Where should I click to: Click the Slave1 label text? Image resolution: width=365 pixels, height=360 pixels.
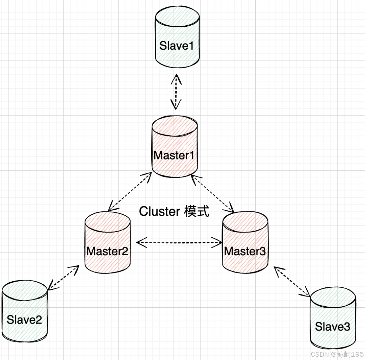coord(177,45)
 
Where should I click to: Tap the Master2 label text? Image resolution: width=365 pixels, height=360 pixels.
coord(107,251)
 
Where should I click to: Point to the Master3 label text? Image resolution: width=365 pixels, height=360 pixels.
coord(245,251)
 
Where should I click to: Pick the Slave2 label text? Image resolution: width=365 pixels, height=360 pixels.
coord(24,319)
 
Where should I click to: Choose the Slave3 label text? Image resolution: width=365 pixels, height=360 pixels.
coord(332,327)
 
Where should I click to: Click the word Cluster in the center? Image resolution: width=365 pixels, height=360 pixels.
coord(159,212)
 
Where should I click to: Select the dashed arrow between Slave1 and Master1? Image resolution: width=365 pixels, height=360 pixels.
coord(176,92)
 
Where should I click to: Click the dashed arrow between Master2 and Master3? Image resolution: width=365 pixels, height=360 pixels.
coord(179,242)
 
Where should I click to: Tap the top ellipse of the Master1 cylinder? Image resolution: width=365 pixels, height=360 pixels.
coord(175,126)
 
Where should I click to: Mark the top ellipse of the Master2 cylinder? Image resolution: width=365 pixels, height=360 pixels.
coord(107,220)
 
